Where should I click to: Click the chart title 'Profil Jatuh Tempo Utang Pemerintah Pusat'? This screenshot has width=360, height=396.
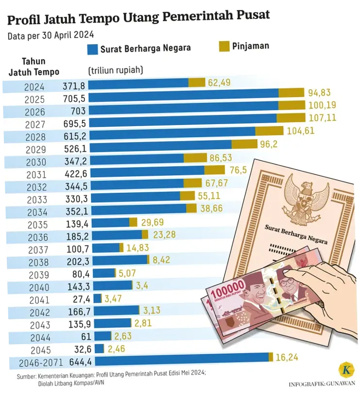[139, 17]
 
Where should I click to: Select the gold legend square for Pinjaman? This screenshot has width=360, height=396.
[224, 47]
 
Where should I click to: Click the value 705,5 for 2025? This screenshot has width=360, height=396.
[74, 99]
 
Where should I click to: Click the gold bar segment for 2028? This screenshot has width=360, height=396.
[269, 131]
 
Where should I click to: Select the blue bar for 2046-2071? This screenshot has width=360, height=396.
[180, 357]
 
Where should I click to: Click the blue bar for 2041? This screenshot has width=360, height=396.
[98, 298]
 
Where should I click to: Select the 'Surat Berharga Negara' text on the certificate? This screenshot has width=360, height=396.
[296, 234]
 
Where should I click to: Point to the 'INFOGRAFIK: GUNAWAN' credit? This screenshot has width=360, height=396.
[322, 384]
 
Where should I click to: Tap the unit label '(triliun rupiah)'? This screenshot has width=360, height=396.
[115, 70]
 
